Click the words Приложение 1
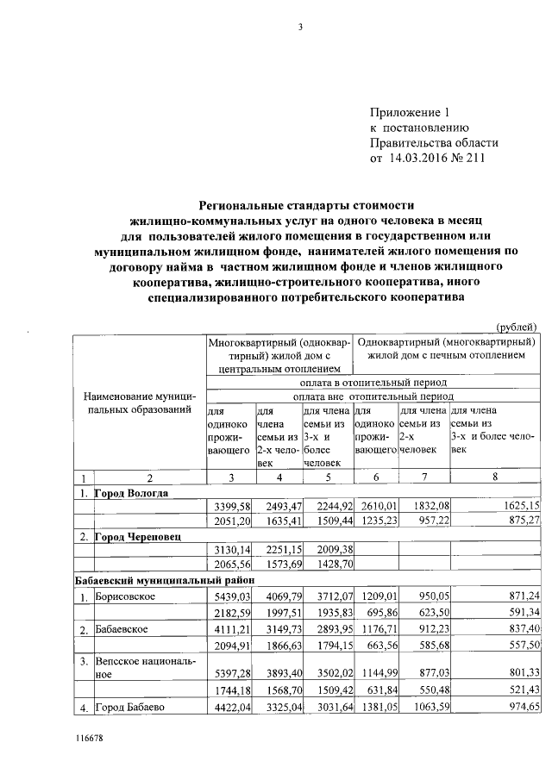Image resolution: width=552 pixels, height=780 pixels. [411, 112]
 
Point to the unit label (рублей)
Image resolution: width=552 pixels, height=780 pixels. [517, 326]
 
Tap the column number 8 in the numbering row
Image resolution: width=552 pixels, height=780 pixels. [494, 478]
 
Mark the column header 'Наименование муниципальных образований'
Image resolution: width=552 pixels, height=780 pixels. [139, 402]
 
